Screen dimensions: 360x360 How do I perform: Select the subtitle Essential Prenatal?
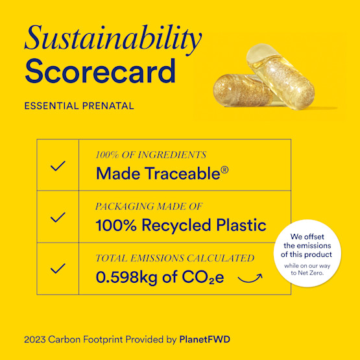point(78,106)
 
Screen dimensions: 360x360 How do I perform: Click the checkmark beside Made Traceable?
point(58,165)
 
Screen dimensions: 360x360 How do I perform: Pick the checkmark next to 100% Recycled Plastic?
point(58,217)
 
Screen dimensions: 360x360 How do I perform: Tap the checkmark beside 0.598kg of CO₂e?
point(58,268)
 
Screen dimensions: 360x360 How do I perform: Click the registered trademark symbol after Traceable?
point(224,171)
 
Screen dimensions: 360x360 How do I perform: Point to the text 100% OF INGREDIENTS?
point(150,155)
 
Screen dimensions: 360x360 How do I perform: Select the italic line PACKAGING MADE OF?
point(149,206)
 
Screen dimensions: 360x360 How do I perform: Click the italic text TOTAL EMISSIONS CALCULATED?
point(174,258)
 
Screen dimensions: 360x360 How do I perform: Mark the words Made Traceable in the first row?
point(157,174)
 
